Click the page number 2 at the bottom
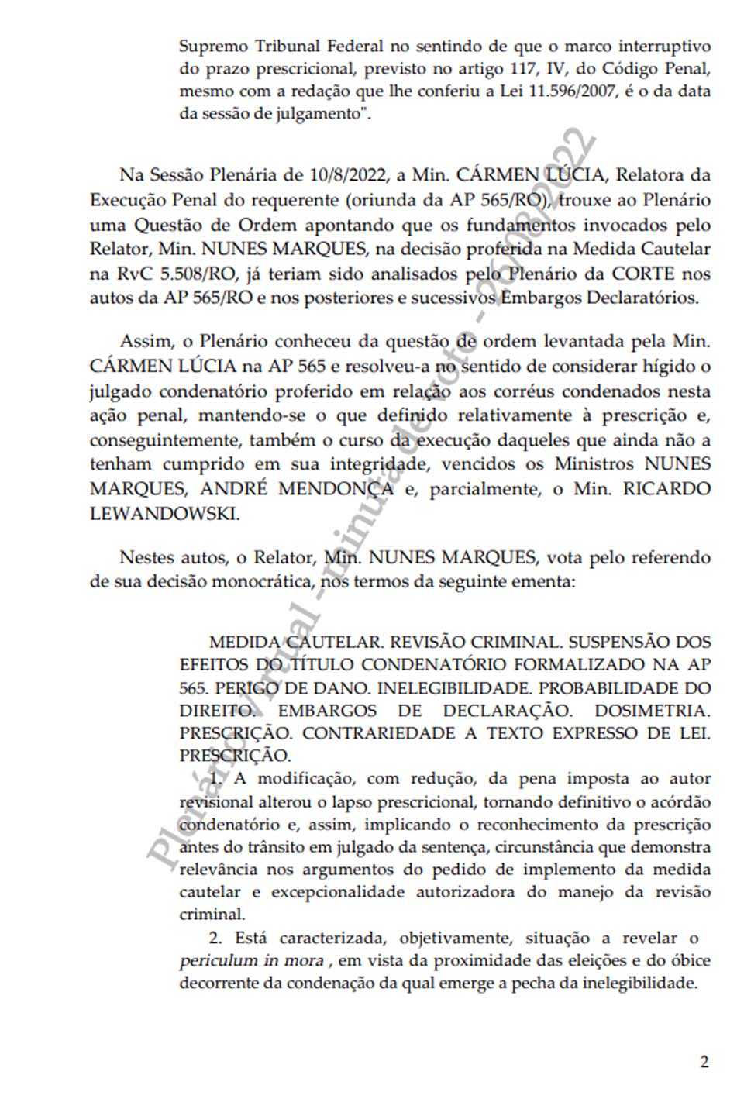click(x=704, y=1062)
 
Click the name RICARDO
click(x=670, y=489)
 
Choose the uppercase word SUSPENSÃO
click(x=613, y=643)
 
